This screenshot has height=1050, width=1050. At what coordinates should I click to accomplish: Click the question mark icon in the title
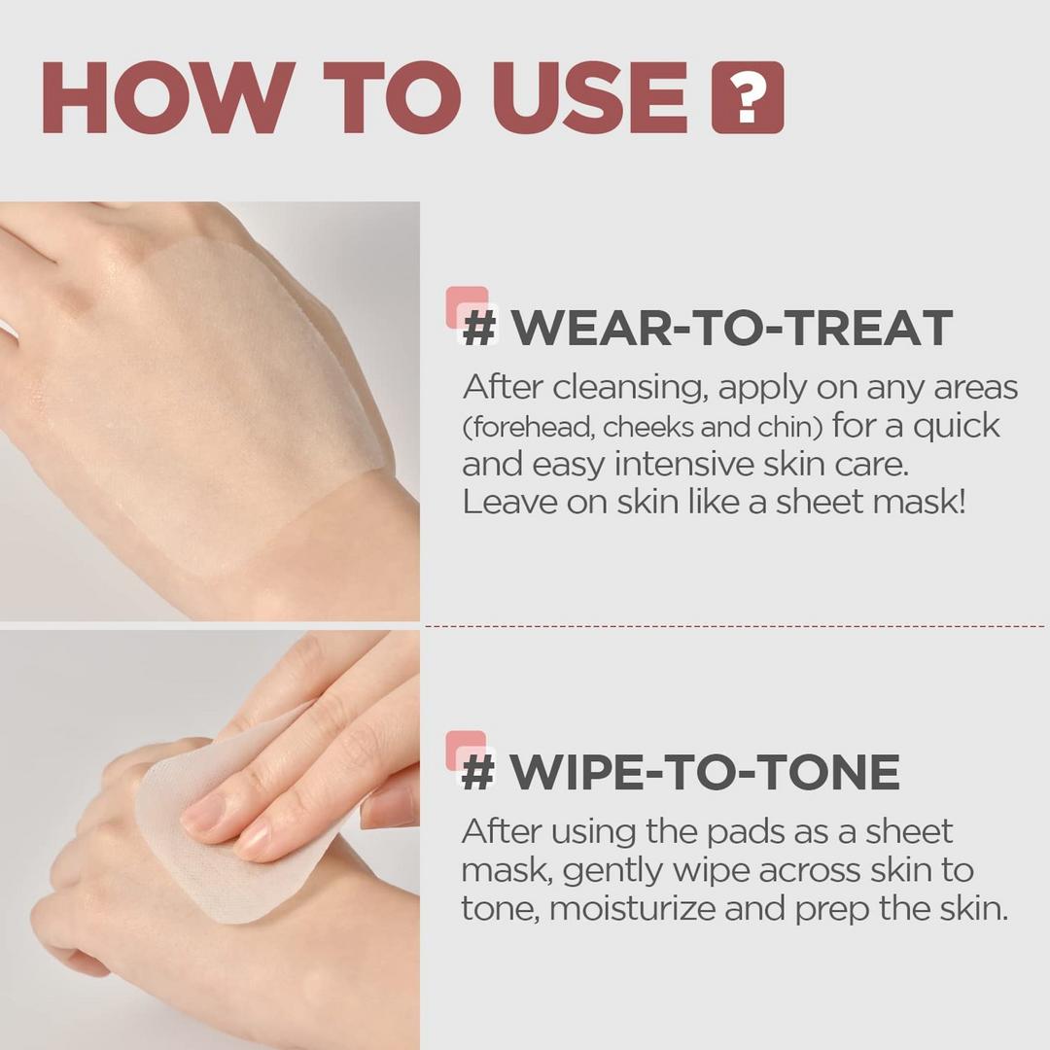coord(747,97)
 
